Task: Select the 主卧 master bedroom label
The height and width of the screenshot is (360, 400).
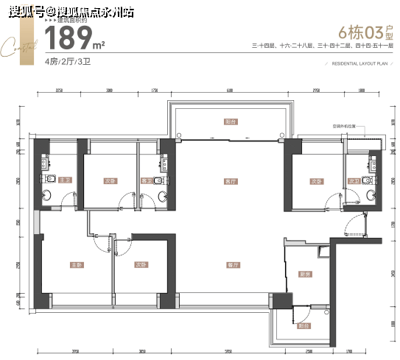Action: pyautogui.click(x=76, y=264)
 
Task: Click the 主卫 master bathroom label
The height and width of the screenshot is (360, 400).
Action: pyautogui.click(x=65, y=180)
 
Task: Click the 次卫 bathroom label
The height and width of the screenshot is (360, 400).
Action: pyautogui.click(x=354, y=180)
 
